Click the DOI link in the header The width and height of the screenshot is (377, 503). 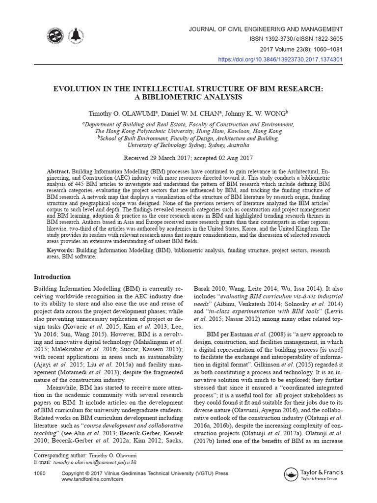(280, 59)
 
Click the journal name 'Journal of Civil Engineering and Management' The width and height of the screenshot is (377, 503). (266, 29)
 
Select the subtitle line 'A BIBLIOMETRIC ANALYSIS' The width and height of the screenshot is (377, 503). (188, 97)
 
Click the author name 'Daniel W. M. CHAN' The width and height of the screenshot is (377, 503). (188, 114)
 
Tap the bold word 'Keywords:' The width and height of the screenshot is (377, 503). (47, 251)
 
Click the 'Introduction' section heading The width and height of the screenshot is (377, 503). (53, 277)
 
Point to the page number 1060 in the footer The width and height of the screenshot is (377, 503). (40, 473)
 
